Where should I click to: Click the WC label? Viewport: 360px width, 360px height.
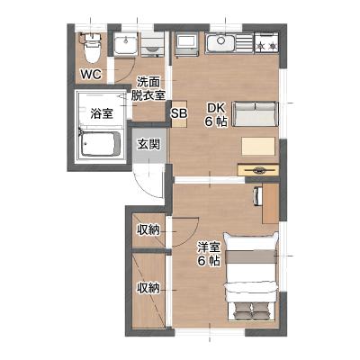point(91,74)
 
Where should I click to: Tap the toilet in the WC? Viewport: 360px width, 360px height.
point(92,48)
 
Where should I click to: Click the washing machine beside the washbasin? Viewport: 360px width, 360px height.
point(153,44)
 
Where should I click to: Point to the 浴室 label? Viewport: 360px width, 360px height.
point(102,113)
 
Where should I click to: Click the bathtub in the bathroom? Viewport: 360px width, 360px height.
point(100,144)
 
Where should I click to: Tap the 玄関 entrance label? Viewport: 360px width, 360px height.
point(148,145)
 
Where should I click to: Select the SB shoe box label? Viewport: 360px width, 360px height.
point(179,113)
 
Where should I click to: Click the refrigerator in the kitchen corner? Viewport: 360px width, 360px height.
point(186,45)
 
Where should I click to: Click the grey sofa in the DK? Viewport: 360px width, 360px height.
point(255,114)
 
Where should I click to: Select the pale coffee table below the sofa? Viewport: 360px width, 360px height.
point(258,146)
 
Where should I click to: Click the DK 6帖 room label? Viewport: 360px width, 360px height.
point(216,114)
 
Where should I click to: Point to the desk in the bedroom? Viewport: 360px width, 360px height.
point(270,203)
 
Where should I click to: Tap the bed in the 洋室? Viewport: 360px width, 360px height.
point(251,276)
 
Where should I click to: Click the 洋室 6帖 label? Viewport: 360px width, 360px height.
point(209,254)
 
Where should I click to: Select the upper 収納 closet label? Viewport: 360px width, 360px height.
point(148,230)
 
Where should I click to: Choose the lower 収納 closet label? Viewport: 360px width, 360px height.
point(148,289)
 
